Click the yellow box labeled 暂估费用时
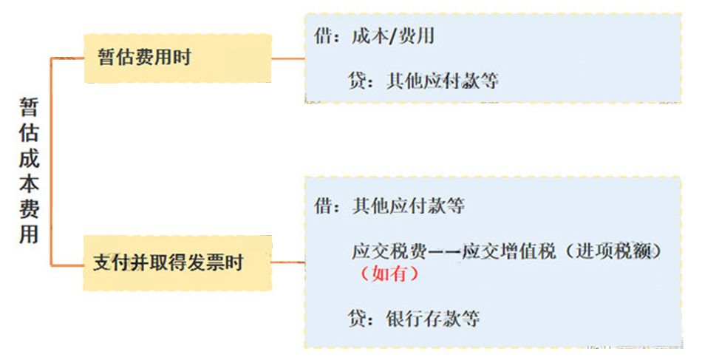coord(178,58)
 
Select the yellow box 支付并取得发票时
coord(178,263)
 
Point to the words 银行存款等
coord(432,319)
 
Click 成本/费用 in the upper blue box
coord(393,35)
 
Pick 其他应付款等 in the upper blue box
coord(442,81)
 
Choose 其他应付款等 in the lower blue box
coord(409,206)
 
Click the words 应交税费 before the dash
coord(389,251)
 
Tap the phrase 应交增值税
coord(508,251)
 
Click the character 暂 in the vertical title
coord(29,107)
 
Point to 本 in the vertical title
coord(29,183)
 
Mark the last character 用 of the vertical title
coord(29,234)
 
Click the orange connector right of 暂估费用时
coord(288,58)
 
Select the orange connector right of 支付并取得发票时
coord(288,262)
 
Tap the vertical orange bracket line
coord(52,162)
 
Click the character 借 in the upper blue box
coord(323,35)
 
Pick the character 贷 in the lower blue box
coord(357,319)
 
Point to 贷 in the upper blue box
coord(357,81)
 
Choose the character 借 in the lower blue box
coord(323,206)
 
